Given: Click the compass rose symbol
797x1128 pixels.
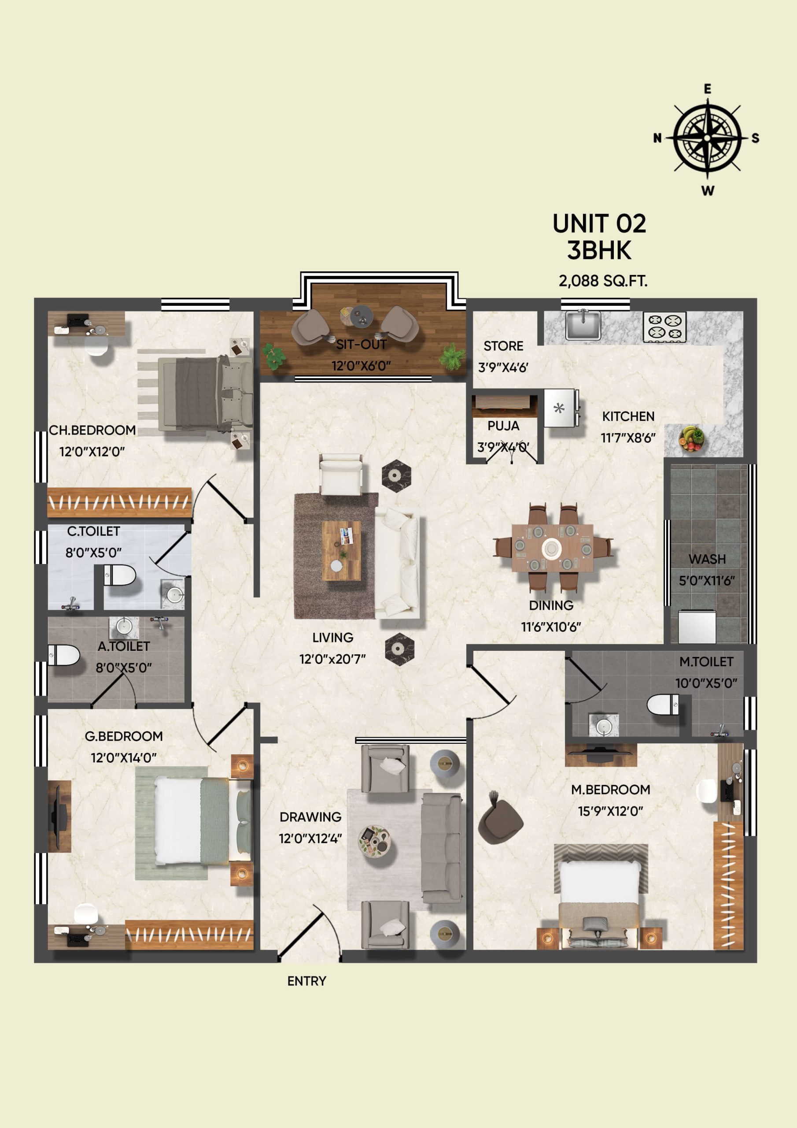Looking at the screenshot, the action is [x=707, y=138].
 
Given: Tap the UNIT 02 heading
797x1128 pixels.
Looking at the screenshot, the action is [x=599, y=224].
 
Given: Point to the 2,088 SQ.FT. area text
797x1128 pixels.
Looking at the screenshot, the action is [x=603, y=281].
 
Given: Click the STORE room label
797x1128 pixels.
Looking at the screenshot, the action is [x=503, y=346].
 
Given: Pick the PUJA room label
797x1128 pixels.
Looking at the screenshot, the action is [x=503, y=426].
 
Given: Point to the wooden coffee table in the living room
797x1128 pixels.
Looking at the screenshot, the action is [x=341, y=551].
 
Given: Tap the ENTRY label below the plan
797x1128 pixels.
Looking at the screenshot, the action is [x=307, y=981].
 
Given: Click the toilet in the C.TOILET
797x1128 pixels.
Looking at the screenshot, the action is [x=120, y=575].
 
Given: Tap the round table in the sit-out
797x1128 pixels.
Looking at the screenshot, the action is [x=362, y=315].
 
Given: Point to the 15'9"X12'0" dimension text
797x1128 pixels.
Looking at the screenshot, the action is [x=610, y=811].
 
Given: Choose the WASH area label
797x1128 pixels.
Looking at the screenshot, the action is [x=707, y=559].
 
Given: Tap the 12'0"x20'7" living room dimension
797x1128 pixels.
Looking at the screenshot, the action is [x=332, y=659].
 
